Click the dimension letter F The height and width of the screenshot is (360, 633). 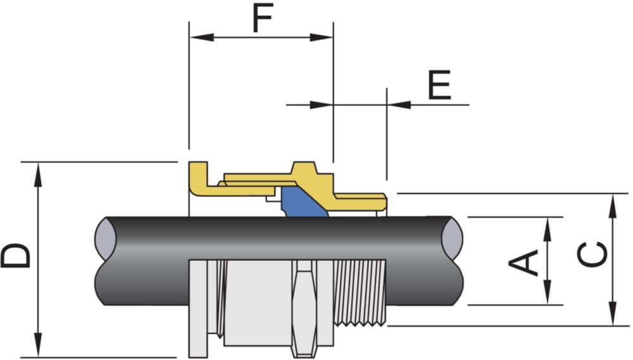pyautogui.click(x=263, y=18)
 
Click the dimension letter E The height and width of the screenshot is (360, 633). pyautogui.click(x=439, y=85)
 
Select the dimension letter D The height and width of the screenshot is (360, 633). pyautogui.click(x=16, y=256)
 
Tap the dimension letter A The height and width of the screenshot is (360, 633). pyautogui.click(x=523, y=263)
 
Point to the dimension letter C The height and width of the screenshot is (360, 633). pyautogui.click(x=592, y=254)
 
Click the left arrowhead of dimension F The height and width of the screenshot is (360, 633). pyautogui.click(x=202, y=37)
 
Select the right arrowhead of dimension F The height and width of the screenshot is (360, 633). pyautogui.click(x=322, y=37)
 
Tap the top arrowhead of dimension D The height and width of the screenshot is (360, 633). pyautogui.click(x=38, y=175)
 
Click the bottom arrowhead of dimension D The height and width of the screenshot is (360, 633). pyautogui.click(x=38, y=345)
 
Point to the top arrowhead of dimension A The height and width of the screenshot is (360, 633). pyautogui.click(x=548, y=230)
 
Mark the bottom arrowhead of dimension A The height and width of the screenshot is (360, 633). pyautogui.click(x=548, y=292)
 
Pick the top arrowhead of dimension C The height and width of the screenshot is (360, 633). pyautogui.click(x=613, y=206)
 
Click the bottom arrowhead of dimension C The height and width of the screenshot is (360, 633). pyautogui.click(x=613, y=313)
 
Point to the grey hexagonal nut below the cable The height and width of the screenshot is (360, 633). pyautogui.click(x=306, y=308)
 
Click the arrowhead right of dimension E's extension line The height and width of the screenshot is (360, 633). pyautogui.click(x=399, y=105)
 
